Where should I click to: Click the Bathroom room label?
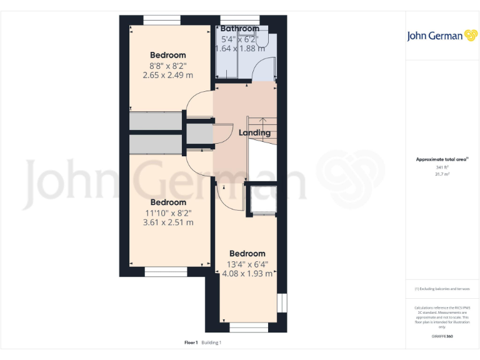coord(239,29)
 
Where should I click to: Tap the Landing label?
coord(254,132)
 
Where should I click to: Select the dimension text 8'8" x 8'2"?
coord(167,65)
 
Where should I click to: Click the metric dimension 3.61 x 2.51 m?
coord(167,222)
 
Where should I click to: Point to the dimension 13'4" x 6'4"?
coord(247,264)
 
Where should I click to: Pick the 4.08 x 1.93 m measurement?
coord(247,273)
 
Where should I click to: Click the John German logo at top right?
coord(442,36)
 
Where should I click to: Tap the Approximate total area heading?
coord(441,159)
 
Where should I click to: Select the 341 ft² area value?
coord(442,167)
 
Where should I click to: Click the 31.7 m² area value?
coord(442,174)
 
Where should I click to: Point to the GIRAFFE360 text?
coord(442,337)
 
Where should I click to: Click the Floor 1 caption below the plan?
coord(191,342)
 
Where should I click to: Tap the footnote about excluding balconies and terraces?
coord(442,289)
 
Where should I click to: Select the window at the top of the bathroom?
coord(239,19)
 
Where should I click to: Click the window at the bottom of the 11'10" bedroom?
coord(166,272)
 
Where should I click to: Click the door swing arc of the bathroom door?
coord(261,67)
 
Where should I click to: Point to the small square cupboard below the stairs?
coord(261,199)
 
